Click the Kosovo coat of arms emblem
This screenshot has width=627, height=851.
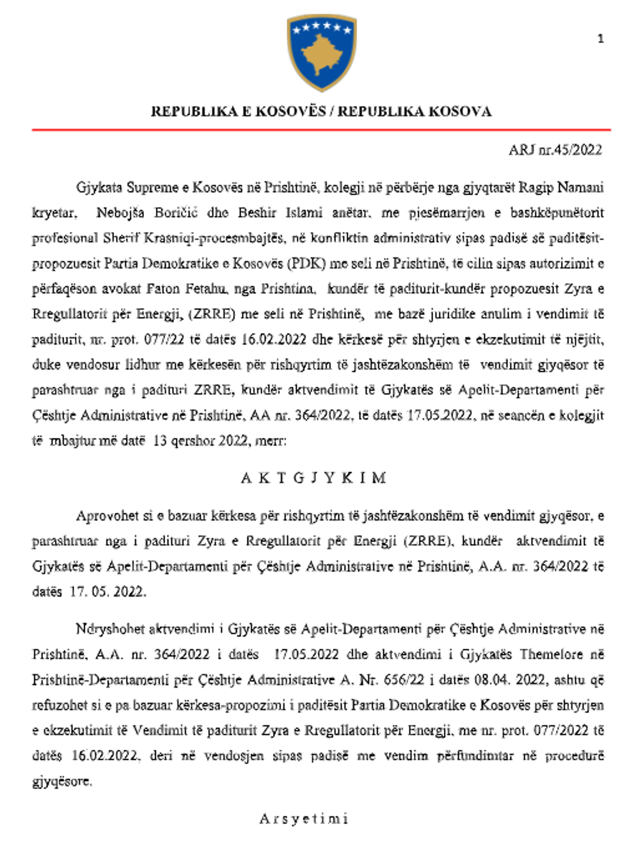(321, 53)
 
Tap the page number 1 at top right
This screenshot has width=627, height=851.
(600, 38)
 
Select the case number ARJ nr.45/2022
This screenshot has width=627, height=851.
(555, 150)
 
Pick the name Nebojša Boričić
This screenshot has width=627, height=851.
(147, 213)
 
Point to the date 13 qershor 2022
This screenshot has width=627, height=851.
(201, 441)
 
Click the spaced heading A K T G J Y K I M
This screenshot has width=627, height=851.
(313, 478)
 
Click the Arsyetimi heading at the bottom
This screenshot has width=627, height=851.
(304, 818)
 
